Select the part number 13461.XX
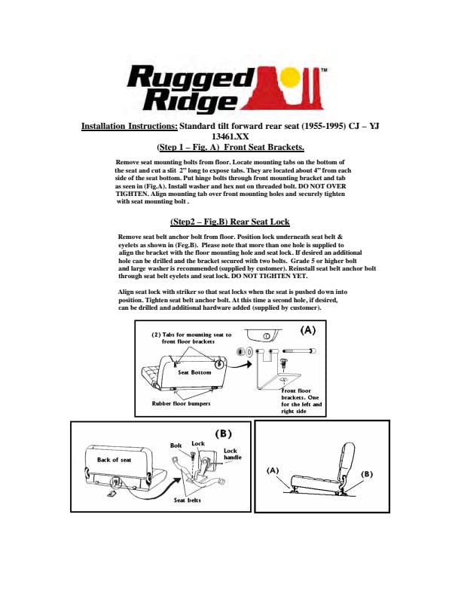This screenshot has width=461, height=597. [230, 136]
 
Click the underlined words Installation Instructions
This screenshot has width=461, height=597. [130, 126]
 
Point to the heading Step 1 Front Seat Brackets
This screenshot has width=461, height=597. [230, 147]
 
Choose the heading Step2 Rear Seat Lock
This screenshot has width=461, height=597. [230, 222]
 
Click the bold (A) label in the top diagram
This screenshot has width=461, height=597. [309, 329]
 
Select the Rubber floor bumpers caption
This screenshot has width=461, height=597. [182, 403]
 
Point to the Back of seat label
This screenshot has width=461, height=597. [114, 459]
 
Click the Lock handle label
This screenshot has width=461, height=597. [232, 455]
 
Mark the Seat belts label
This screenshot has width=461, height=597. [187, 500]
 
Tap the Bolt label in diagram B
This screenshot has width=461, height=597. [176, 445]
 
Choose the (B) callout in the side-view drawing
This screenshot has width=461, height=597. [368, 474]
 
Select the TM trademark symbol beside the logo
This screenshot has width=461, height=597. [324, 70]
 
